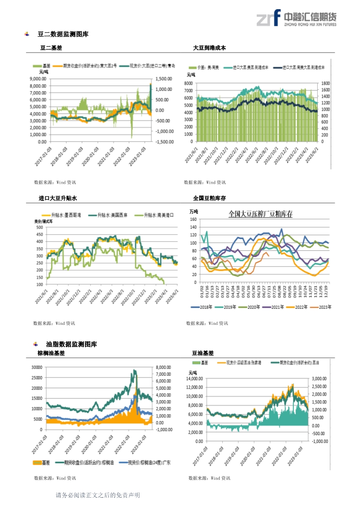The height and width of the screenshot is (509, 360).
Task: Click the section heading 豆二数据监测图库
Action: [63, 34]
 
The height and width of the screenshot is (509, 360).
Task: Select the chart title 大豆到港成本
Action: [209, 48]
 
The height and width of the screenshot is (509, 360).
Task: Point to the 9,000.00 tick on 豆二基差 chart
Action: [38, 79]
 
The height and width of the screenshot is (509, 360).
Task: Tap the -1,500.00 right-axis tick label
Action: [165, 142]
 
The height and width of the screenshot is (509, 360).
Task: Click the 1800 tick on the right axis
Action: [326, 83]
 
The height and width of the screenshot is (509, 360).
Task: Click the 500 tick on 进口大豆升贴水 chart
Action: [40, 227]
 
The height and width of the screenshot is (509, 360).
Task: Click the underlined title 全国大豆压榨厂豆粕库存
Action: [261, 214]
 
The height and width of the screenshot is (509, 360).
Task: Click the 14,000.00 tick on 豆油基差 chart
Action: [196, 379]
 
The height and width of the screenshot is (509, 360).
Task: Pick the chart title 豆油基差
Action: [203, 353]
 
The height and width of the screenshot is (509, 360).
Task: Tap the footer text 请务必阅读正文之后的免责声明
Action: [98, 495]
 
